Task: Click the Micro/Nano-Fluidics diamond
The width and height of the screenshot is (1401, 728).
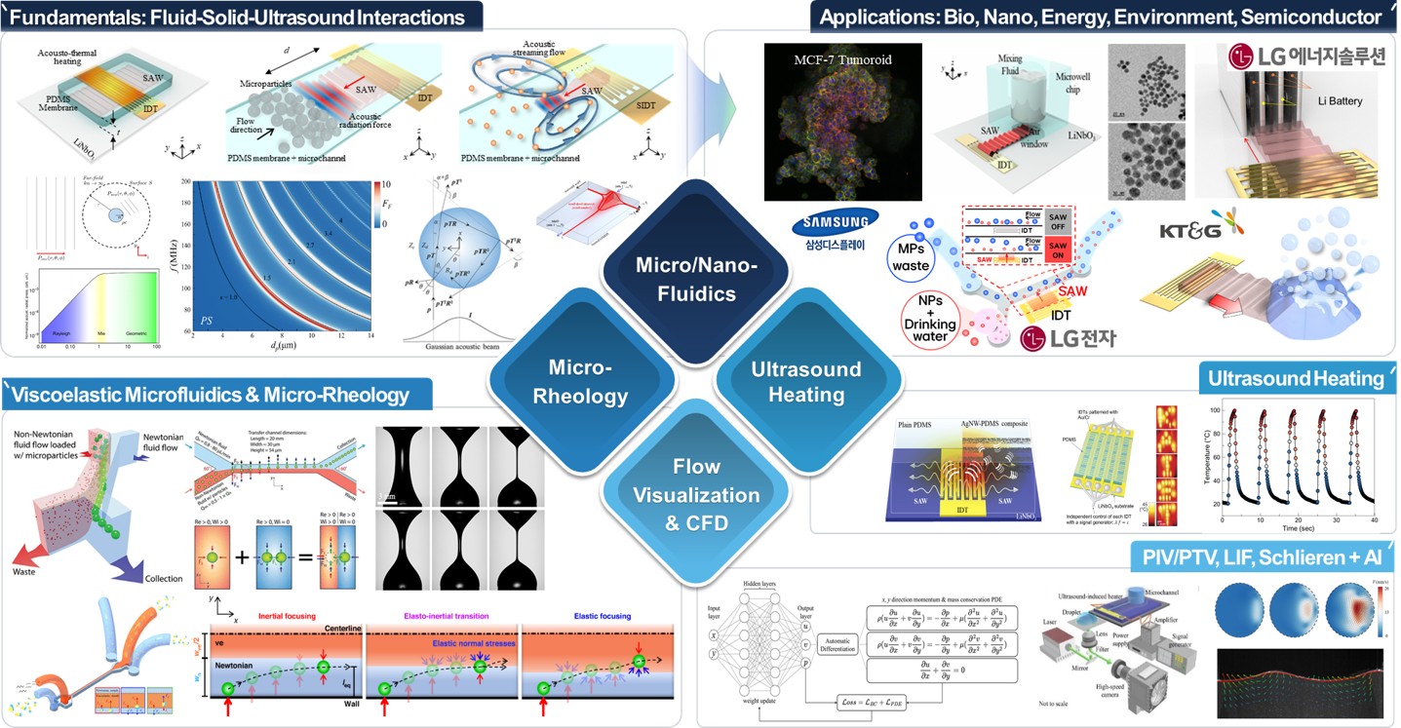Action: pyautogui.click(x=682, y=279)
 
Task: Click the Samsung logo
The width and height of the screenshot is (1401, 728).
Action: pyautogui.click(x=827, y=225)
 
